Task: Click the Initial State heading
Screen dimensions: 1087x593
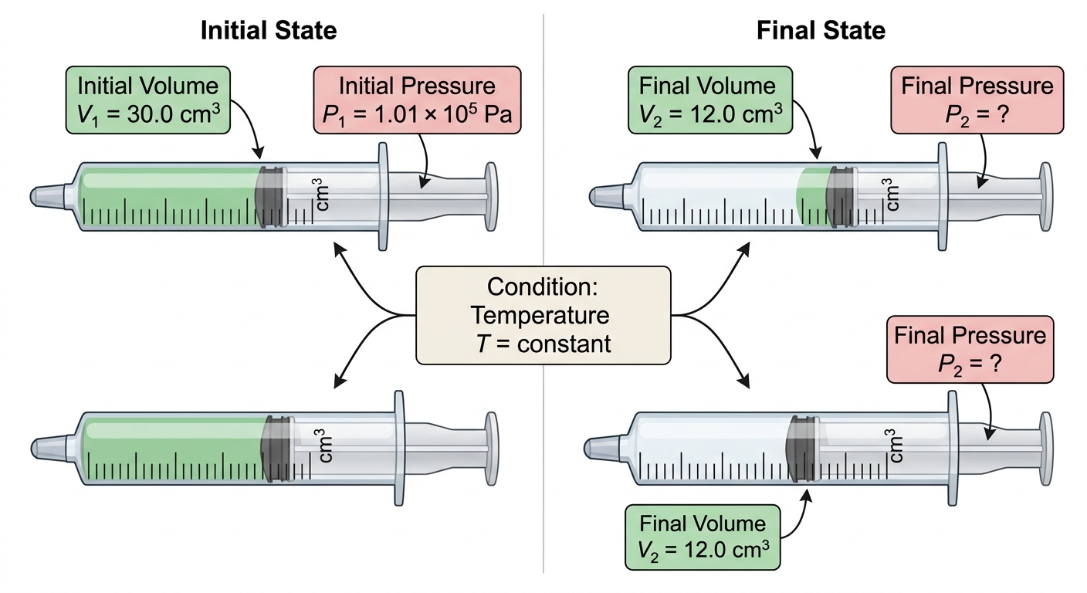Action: click(x=269, y=31)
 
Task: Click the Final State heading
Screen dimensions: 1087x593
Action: click(x=821, y=31)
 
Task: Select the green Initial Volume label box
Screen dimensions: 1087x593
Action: click(x=148, y=100)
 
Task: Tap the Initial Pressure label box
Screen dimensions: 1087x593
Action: click(x=418, y=100)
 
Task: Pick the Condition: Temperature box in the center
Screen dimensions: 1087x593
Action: click(x=543, y=315)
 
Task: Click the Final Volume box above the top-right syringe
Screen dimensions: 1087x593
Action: click(x=710, y=100)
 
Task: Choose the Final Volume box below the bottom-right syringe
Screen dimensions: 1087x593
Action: click(x=703, y=537)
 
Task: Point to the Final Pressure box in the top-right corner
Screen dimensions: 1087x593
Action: click(x=977, y=100)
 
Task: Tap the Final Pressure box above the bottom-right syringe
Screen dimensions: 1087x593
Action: click(x=970, y=350)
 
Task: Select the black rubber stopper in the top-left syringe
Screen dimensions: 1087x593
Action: click(x=269, y=197)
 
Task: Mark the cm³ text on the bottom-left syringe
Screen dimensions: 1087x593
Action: click(x=325, y=446)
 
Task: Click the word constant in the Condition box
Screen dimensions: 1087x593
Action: click(x=564, y=344)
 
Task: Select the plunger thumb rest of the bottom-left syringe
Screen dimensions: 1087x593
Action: click(x=491, y=449)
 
